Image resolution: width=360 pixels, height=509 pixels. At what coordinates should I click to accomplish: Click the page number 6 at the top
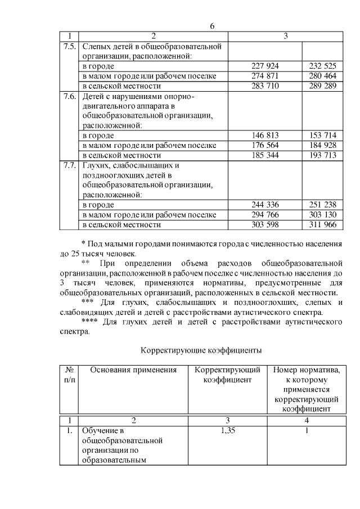pyautogui.click(x=211, y=26)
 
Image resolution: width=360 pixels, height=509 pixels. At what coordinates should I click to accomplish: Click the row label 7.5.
pyautogui.click(x=70, y=46)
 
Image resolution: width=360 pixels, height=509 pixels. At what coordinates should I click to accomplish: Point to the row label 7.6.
pyautogui.click(x=70, y=96)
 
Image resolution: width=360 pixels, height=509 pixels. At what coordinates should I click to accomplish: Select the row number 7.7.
pyautogui.click(x=70, y=165)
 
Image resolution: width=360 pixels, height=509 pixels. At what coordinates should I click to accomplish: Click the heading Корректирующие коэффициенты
pyautogui.click(x=201, y=350)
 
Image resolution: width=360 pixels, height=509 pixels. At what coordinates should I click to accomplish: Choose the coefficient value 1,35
pyautogui.click(x=227, y=431)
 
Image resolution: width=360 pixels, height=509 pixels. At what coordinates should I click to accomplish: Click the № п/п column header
pyautogui.click(x=70, y=375)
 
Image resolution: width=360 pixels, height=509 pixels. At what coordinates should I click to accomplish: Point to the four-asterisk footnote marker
pyautogui.click(x=90, y=322)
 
